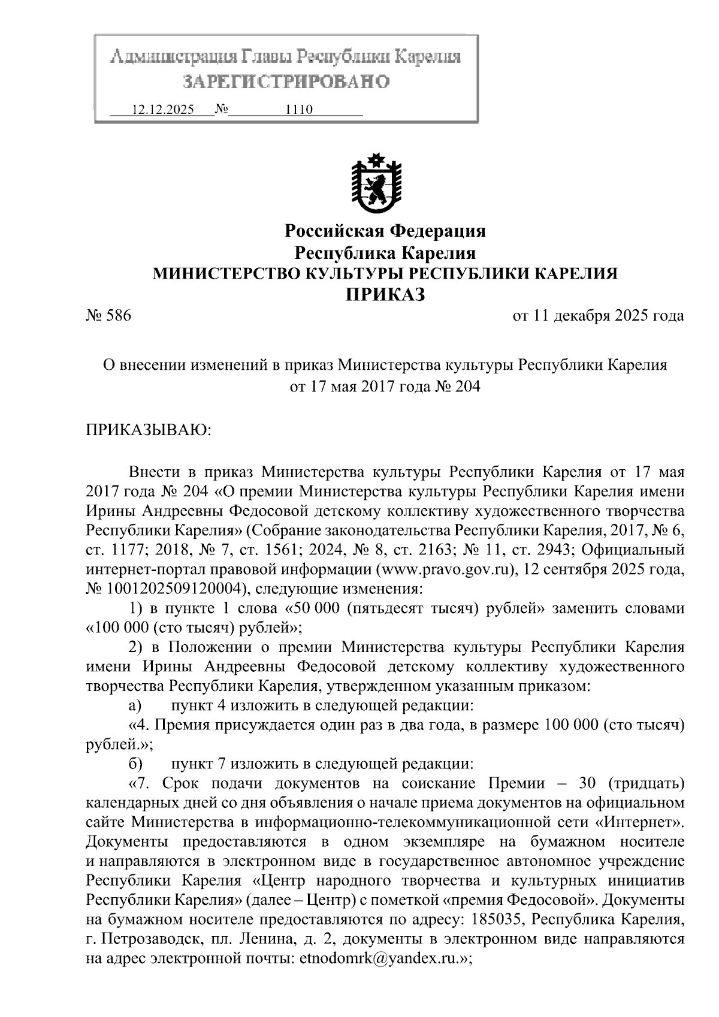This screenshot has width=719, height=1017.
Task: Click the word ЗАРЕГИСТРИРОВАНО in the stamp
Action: tap(286, 82)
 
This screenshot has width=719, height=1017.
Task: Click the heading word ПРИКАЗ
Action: tap(385, 295)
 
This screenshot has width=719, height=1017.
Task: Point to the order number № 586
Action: tap(108, 315)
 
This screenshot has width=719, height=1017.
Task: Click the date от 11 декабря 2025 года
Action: tap(597, 315)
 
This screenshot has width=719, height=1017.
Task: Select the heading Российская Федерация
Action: tap(385, 231)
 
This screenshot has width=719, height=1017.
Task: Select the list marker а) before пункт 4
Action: tap(135, 706)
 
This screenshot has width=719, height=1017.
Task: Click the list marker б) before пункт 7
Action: tap(135, 764)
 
